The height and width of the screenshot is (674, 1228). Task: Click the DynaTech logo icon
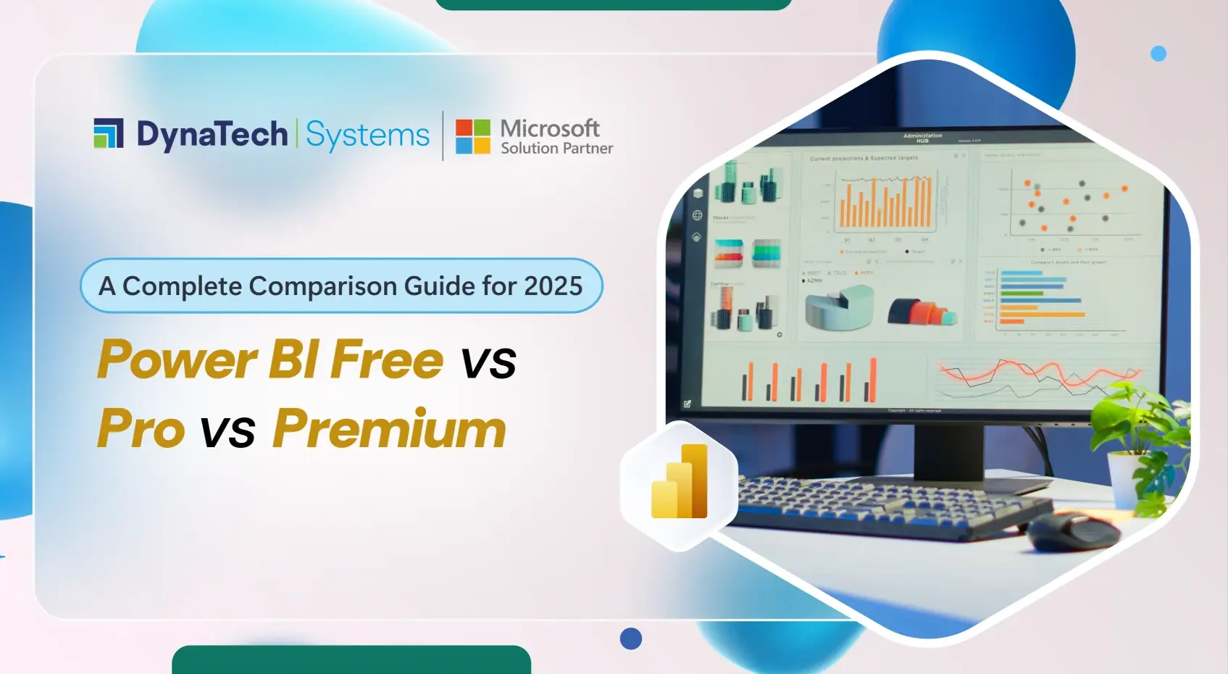click(109, 133)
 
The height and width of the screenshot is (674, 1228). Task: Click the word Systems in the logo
click(367, 136)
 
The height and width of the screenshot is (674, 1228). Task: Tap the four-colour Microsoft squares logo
click(472, 136)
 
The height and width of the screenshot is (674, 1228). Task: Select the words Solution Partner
click(556, 149)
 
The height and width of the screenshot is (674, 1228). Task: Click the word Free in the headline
click(387, 360)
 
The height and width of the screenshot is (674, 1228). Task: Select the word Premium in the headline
click(389, 429)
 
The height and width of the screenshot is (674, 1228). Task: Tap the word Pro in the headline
click(141, 429)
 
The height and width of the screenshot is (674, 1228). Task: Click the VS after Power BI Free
click(488, 362)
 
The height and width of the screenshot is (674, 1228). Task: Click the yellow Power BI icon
click(679, 482)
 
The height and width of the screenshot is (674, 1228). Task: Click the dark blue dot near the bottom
click(631, 638)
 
